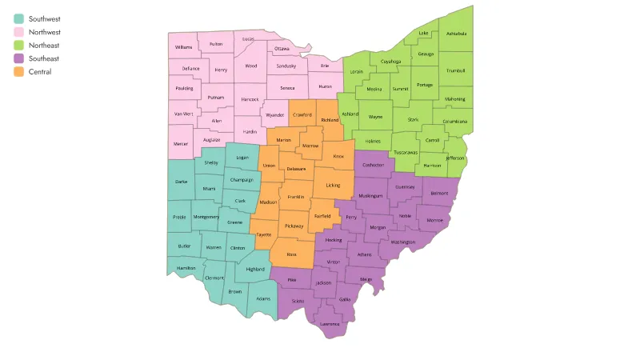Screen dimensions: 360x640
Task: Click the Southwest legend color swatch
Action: (19, 18)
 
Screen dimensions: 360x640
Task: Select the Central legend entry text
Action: (40, 72)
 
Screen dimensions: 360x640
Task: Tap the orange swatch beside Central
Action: (19, 72)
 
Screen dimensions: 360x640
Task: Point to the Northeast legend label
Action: (44, 46)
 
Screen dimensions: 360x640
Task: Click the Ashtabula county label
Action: (456, 34)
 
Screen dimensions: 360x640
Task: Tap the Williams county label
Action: (183, 48)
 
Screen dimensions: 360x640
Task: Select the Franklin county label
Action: (296, 196)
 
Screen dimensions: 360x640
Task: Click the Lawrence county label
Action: (330, 324)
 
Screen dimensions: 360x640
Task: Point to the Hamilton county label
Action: (186, 268)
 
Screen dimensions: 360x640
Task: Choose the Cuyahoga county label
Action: (391, 61)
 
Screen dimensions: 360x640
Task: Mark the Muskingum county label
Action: (370, 195)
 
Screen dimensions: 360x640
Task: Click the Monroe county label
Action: (434, 219)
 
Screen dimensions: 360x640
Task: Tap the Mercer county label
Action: (182, 144)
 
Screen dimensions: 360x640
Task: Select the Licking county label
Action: (333, 186)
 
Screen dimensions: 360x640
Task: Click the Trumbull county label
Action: (456, 70)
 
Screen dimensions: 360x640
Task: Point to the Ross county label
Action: (291, 254)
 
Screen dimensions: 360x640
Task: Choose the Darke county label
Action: (181, 182)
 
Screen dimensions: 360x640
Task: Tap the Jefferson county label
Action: (454, 158)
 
